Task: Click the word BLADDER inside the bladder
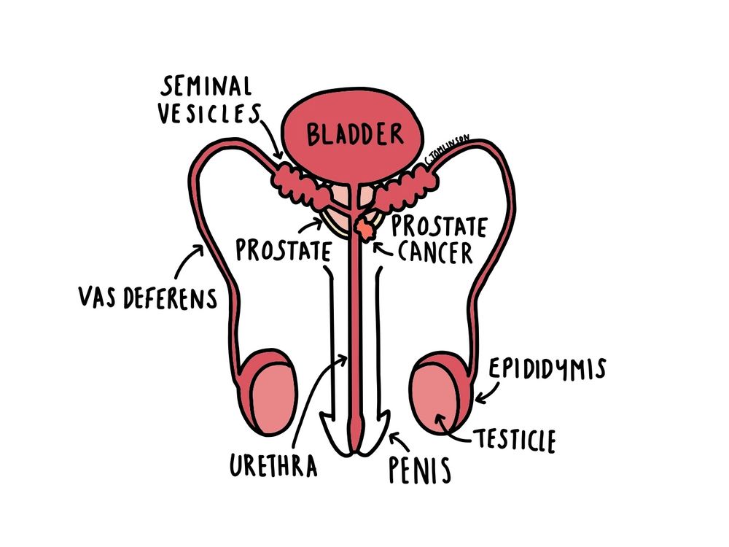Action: pyautogui.click(x=354, y=134)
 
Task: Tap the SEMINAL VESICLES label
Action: pyautogui.click(x=211, y=101)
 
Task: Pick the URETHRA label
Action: pyautogui.click(x=273, y=465)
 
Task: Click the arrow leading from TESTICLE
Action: pyautogui.click(x=451, y=430)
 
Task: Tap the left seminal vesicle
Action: pyautogui.click(x=299, y=185)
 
